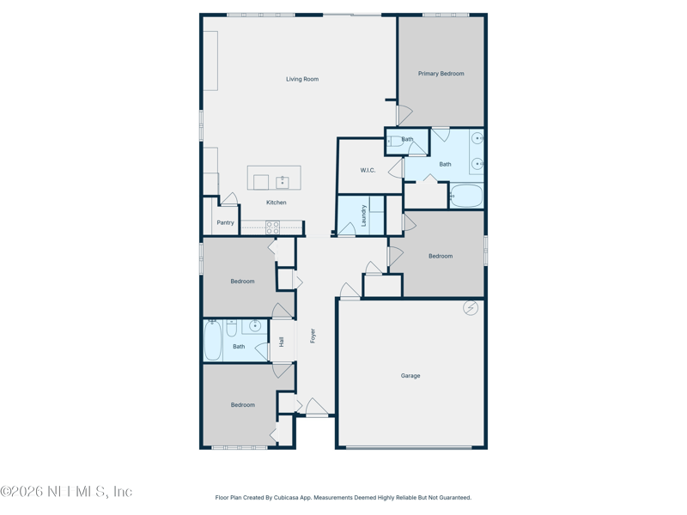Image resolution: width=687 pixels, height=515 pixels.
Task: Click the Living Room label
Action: point(302,79)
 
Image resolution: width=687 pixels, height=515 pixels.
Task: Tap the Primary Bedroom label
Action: point(441,74)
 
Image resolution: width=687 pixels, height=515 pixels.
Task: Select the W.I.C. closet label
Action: point(368,170)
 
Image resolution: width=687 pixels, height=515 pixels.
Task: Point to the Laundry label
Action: point(364,215)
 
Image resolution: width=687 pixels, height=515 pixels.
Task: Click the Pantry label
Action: point(225,222)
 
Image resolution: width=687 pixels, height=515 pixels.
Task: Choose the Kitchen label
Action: point(276,203)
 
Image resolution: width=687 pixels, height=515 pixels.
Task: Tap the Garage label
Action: point(410,375)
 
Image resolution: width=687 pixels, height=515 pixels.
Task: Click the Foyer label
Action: point(313,335)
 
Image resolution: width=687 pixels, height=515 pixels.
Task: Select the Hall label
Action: point(282,341)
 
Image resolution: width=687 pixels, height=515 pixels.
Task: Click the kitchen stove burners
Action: point(272,227)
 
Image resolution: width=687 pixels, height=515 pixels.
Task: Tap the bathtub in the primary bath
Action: point(466,196)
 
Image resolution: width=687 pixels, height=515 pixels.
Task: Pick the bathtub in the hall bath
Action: point(213,341)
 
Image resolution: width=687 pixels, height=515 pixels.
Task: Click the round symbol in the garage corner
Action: point(471,308)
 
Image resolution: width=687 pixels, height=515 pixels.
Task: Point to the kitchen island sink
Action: point(282,182)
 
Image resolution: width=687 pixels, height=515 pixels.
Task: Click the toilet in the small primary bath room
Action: point(395,142)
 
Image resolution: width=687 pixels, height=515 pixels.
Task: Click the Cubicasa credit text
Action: point(343,498)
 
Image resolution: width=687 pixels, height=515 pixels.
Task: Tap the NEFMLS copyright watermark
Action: point(66,492)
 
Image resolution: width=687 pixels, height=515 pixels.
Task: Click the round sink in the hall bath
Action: point(255,326)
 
